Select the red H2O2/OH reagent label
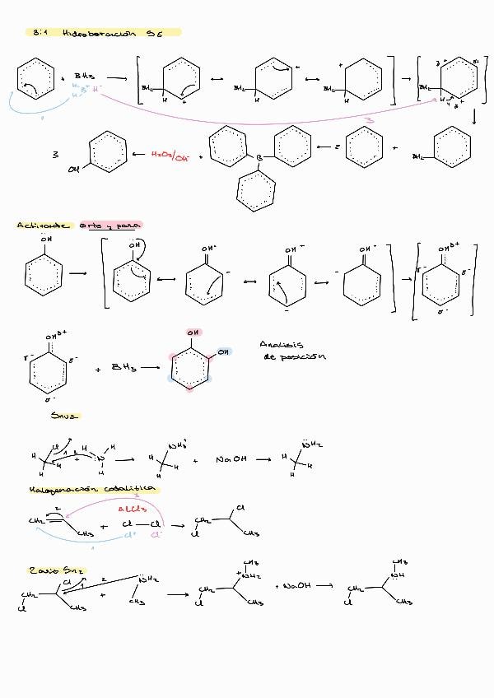(x=170, y=153)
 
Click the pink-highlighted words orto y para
(x=111, y=225)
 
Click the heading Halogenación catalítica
(x=92, y=489)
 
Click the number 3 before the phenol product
(x=56, y=153)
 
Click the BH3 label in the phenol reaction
(x=123, y=368)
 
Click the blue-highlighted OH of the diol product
(x=225, y=352)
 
